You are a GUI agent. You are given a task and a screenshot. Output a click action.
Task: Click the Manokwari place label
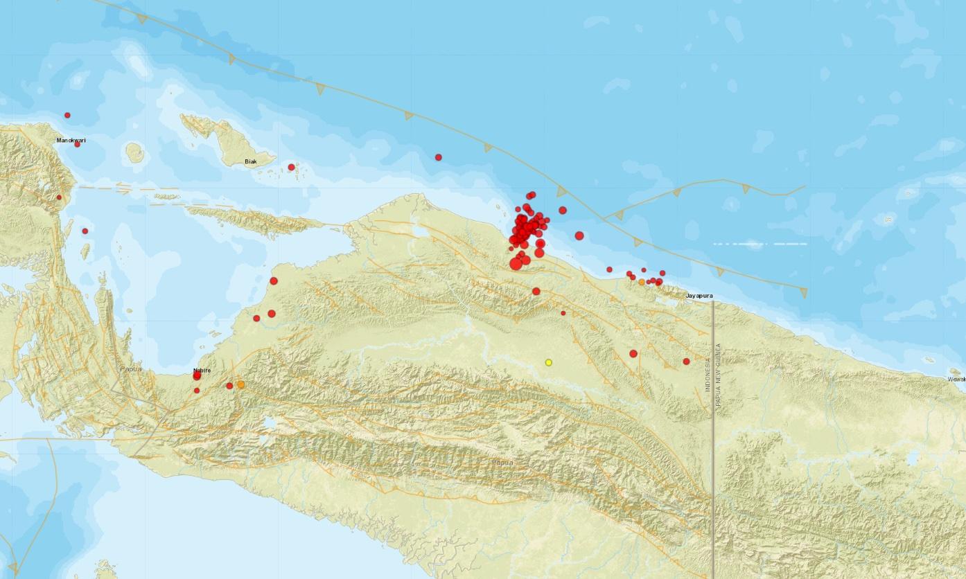71,141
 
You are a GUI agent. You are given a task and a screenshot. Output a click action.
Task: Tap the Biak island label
251,162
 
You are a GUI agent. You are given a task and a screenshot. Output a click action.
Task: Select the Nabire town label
202,370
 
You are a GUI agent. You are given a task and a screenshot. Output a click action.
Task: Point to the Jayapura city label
699,296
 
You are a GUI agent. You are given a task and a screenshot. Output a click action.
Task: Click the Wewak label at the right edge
956,379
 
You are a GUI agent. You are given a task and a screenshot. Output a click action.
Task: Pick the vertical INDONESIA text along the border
708,375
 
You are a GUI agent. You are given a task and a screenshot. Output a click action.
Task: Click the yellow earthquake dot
548,362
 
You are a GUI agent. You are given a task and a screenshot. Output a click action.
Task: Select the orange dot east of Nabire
240,384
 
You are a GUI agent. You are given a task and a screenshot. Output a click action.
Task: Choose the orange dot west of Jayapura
642,282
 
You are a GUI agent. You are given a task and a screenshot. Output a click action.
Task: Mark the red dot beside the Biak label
291,167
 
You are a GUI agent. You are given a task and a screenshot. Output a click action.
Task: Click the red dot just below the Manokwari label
77,144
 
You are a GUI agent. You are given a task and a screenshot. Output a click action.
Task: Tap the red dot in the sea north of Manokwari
67,115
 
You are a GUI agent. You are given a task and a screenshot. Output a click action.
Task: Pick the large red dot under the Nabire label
197,376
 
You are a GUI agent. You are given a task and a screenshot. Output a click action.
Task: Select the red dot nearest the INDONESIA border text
686,361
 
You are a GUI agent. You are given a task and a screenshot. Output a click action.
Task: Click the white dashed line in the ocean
760,244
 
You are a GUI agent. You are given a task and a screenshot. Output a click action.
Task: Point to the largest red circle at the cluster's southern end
516,263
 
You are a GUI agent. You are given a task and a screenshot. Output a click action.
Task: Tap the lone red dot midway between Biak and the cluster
438,157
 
